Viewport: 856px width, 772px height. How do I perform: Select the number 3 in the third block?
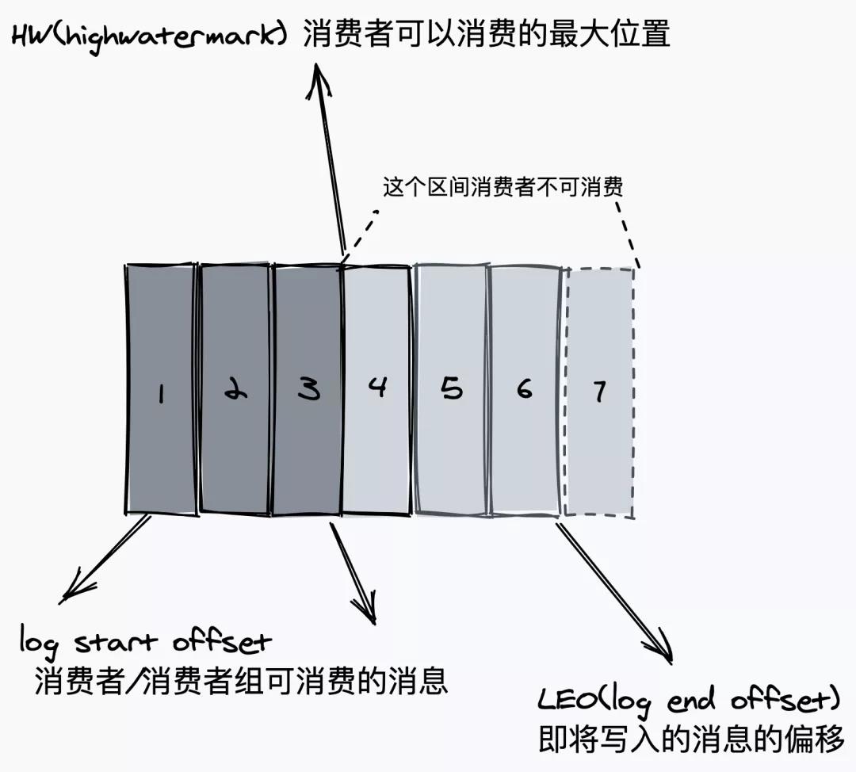click(x=308, y=388)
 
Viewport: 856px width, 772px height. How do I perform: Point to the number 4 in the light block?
click(x=378, y=387)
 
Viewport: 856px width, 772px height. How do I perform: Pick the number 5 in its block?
click(x=451, y=388)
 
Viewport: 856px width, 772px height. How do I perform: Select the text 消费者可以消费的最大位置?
click(x=486, y=35)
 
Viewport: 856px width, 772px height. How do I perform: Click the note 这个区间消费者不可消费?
click(x=503, y=187)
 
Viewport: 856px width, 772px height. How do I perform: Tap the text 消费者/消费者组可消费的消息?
click(x=241, y=681)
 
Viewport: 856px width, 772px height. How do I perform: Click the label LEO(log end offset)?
click(x=688, y=701)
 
